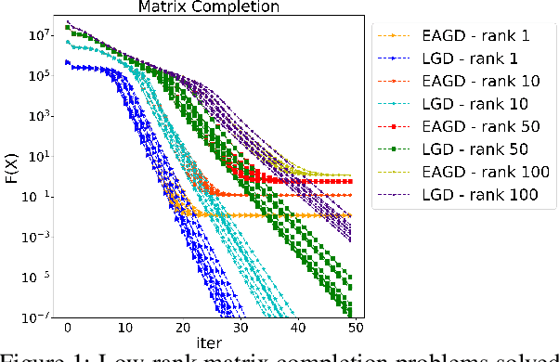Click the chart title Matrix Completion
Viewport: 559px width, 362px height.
pos(210,8)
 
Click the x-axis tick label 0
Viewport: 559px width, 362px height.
pos(68,329)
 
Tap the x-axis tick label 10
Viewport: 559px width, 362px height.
pos(125,329)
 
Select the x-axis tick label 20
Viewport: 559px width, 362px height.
pos(183,329)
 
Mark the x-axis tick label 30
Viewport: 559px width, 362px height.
pos(241,329)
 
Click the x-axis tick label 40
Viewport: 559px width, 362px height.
pos(299,329)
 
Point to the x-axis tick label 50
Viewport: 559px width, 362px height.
pos(357,329)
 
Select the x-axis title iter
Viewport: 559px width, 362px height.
pos(210,343)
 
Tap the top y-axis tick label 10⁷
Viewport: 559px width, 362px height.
pos(36,35)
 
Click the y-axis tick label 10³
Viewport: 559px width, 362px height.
pos(36,116)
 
